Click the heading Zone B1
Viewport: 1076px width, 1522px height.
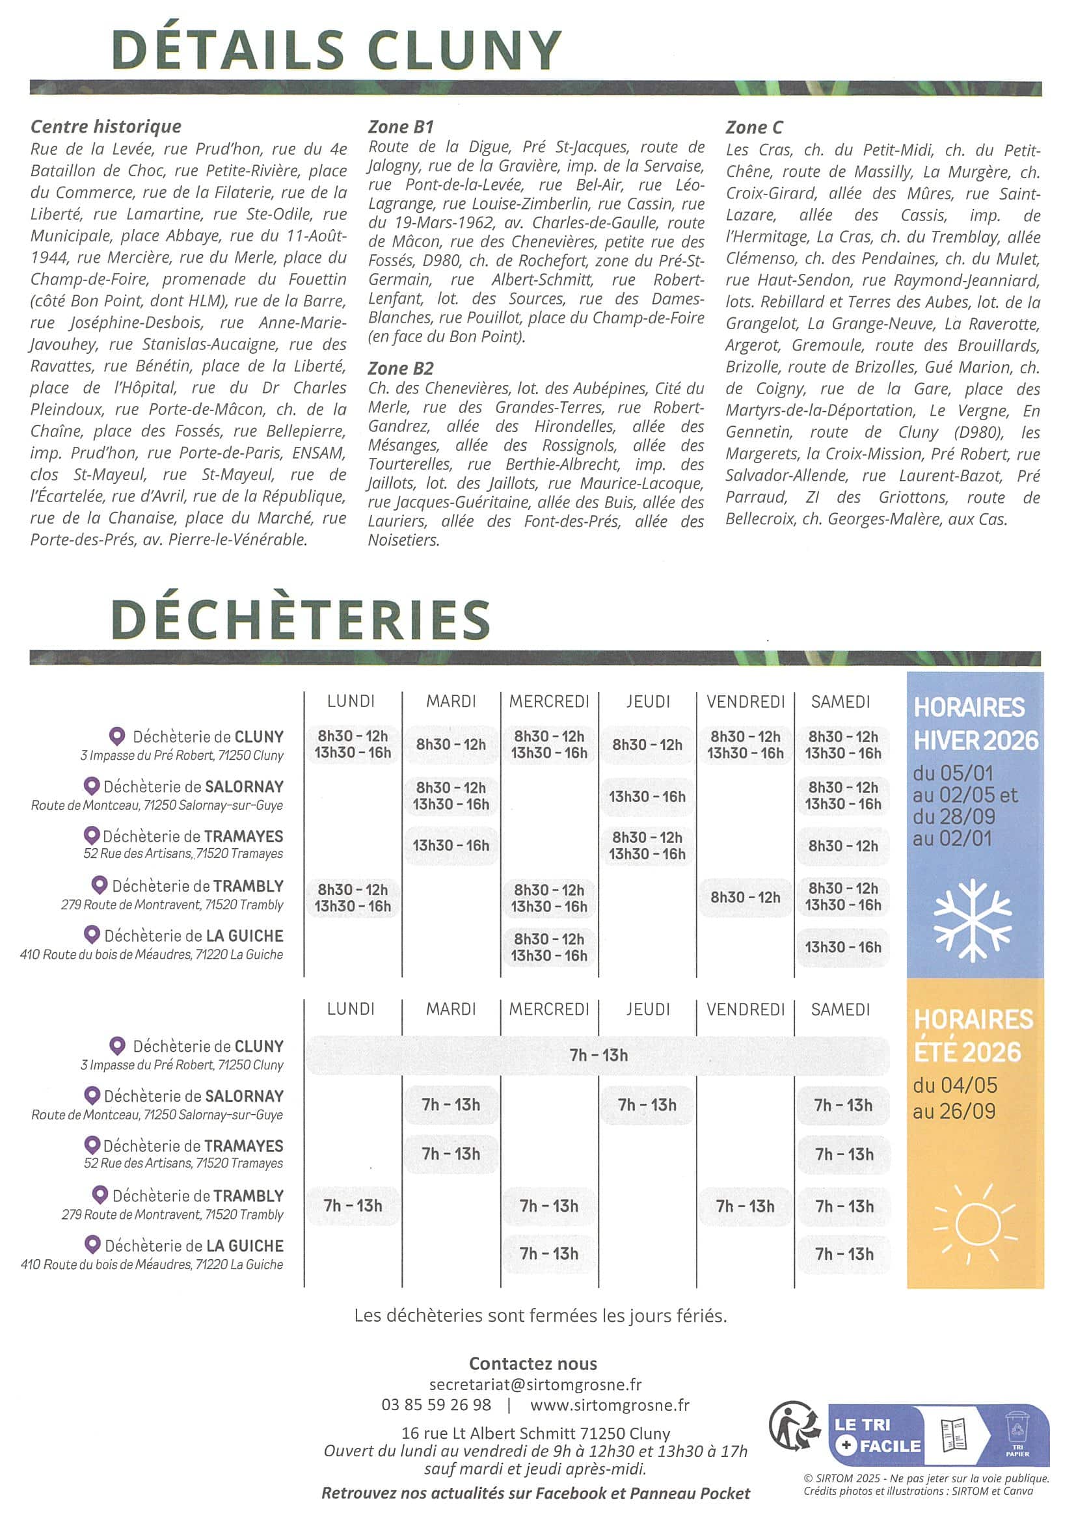click(x=401, y=127)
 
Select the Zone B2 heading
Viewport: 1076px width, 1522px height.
click(x=401, y=368)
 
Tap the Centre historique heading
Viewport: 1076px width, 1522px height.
click(x=106, y=126)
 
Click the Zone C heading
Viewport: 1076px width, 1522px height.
click(x=754, y=127)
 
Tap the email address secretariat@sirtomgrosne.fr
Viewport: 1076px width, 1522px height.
click(x=535, y=1384)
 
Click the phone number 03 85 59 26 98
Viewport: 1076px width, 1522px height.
click(x=437, y=1405)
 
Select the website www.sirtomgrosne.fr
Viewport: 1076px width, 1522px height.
click(x=610, y=1405)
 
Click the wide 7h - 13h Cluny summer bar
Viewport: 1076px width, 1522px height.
click(x=598, y=1054)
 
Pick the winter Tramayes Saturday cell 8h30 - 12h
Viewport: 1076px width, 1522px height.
click(x=842, y=846)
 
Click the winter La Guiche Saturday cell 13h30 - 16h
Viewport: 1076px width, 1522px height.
click(x=842, y=946)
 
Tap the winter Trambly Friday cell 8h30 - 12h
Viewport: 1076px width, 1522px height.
click(x=745, y=897)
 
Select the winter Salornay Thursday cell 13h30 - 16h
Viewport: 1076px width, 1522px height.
click(x=647, y=796)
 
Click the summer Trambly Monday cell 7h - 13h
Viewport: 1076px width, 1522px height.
click(x=353, y=1205)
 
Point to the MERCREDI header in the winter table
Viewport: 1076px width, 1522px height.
click(x=549, y=701)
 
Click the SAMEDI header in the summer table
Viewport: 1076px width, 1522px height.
click(x=840, y=1009)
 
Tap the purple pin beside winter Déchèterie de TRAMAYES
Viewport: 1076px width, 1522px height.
click(x=92, y=835)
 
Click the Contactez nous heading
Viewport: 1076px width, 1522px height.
click(x=533, y=1363)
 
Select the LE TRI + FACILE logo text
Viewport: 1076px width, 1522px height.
click(x=876, y=1434)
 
